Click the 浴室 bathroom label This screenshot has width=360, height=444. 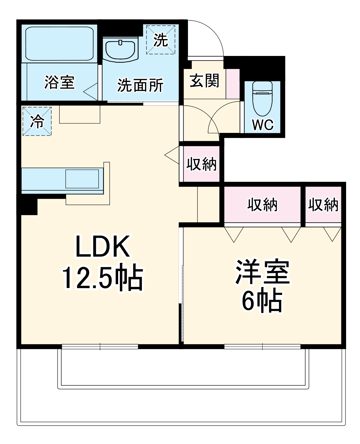(60, 82)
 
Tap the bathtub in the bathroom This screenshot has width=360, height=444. (60, 44)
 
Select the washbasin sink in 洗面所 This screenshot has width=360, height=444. (120, 49)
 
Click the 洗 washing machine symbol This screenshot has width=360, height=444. (161, 40)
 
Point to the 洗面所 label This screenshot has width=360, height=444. (140, 86)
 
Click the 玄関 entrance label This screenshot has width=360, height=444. (204, 81)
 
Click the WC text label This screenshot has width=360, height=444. (263, 125)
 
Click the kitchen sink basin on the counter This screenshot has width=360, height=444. (82, 179)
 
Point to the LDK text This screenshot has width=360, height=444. (102, 246)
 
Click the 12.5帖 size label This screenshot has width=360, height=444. (102, 278)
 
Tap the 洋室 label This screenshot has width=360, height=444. (262, 272)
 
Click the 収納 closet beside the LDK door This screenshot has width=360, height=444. (201, 164)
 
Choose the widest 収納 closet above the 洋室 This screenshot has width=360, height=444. (262, 205)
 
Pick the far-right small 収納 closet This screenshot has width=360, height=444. (323, 205)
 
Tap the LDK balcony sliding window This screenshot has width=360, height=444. (100, 346)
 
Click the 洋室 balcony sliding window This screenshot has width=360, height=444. (262, 346)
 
